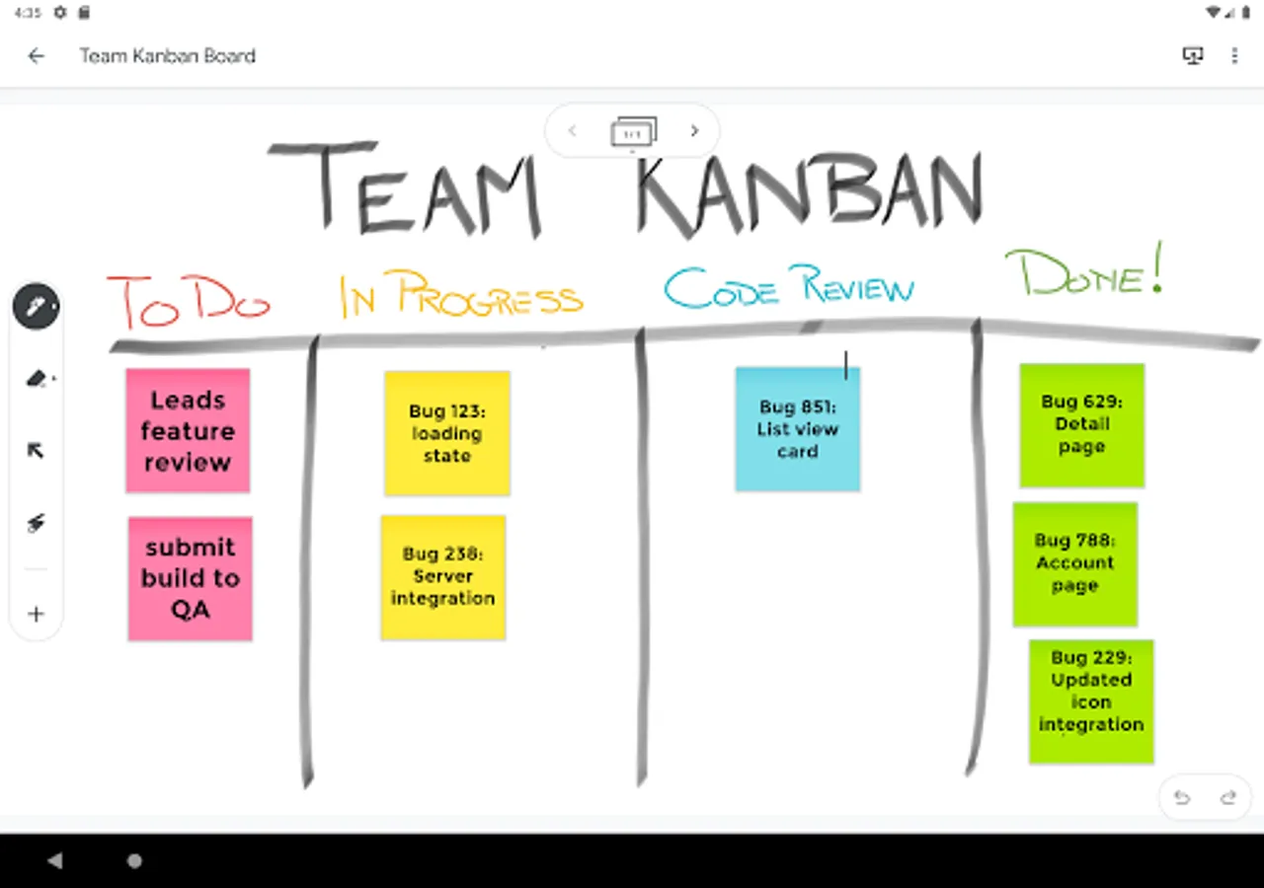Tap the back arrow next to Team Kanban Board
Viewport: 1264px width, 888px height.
(x=37, y=56)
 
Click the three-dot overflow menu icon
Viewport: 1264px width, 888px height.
(x=1234, y=56)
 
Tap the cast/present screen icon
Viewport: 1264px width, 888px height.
(x=1193, y=56)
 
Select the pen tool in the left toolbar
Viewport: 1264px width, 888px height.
(x=36, y=307)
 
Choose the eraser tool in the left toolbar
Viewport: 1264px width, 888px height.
(x=36, y=379)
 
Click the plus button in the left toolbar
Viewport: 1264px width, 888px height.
(x=36, y=614)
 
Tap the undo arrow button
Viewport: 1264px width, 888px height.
(x=1182, y=797)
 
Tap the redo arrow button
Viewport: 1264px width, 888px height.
(x=1228, y=797)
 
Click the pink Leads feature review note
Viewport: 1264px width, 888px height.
(x=188, y=430)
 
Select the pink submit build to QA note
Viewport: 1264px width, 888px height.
(x=190, y=578)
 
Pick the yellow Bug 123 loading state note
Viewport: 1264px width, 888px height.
(x=447, y=433)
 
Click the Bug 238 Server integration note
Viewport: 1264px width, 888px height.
(x=443, y=576)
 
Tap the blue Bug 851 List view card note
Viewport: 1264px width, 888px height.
(x=798, y=429)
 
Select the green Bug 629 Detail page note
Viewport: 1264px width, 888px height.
(x=1082, y=425)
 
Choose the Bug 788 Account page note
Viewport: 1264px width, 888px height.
(x=1075, y=563)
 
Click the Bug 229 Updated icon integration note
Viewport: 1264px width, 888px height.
(x=1091, y=702)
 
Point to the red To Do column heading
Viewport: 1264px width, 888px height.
(x=188, y=301)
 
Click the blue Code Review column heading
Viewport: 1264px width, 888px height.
(x=788, y=287)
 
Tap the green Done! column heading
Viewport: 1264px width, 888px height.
(x=1083, y=272)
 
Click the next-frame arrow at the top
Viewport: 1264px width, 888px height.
(x=694, y=131)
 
